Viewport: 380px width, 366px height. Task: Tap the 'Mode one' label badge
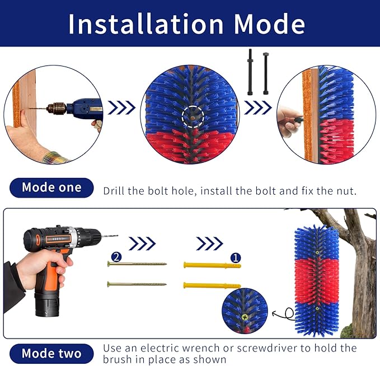click(51, 187)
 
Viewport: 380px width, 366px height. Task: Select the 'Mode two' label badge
click(51, 353)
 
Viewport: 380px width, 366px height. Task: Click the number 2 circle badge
click(116, 257)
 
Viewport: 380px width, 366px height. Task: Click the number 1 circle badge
click(236, 258)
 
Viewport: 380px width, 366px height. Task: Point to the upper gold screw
click(137, 264)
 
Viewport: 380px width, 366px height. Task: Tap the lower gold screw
click(137, 284)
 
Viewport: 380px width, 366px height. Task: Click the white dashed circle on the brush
click(193, 116)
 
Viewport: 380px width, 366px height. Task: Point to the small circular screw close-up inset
click(245, 310)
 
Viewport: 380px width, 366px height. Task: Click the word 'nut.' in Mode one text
click(345, 190)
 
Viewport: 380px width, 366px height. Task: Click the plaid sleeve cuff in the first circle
click(53, 156)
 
